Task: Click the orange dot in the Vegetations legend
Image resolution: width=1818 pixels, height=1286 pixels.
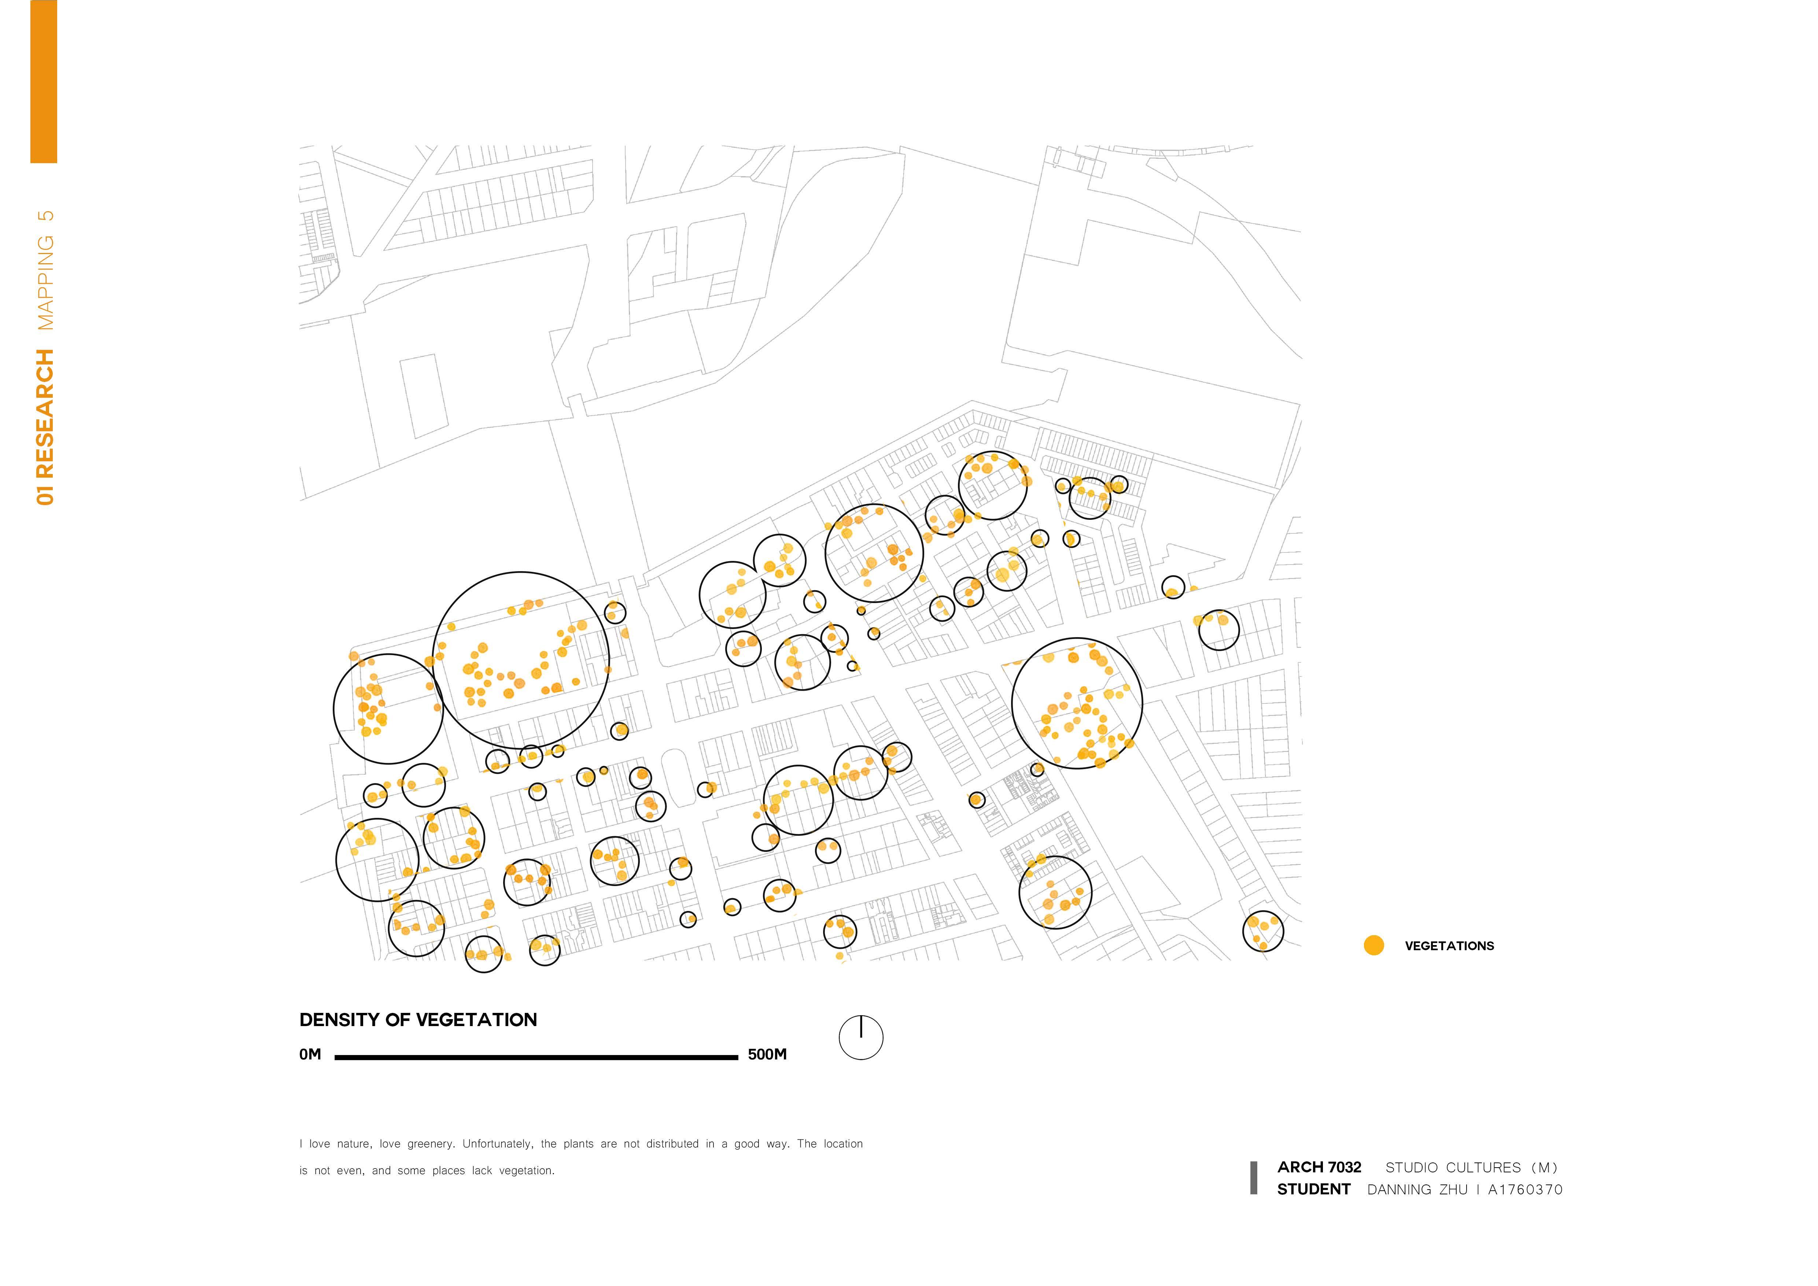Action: point(1374,945)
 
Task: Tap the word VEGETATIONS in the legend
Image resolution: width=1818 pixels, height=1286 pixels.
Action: point(1449,946)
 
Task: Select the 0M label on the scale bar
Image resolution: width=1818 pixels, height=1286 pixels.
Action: point(310,1055)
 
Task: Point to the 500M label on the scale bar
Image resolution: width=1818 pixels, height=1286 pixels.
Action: point(767,1055)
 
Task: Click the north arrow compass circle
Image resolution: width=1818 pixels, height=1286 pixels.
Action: point(861,1038)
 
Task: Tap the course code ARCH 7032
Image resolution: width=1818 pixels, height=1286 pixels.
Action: point(1319,1167)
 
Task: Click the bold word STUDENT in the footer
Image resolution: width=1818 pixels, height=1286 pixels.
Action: point(1314,1189)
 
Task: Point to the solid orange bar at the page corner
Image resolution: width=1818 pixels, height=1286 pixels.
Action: point(44,81)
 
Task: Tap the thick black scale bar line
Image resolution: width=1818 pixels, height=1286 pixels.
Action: point(536,1057)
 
